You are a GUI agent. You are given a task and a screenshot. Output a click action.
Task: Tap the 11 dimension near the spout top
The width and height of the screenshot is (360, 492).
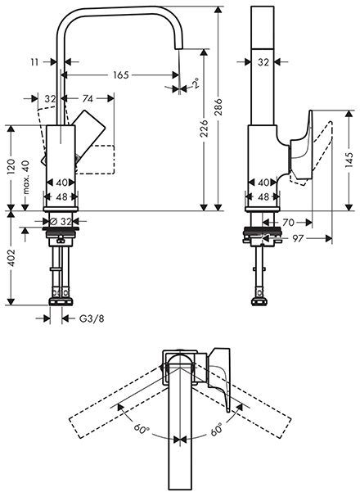click(33, 61)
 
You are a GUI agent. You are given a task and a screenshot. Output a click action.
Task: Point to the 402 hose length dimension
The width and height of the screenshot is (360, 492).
click(11, 264)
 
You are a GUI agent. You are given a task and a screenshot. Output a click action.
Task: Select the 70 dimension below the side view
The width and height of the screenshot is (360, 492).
click(289, 221)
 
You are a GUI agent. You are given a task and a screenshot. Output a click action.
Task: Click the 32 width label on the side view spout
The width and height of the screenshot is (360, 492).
click(263, 61)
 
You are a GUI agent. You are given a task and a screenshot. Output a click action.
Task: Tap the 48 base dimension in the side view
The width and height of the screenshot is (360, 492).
click(263, 196)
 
